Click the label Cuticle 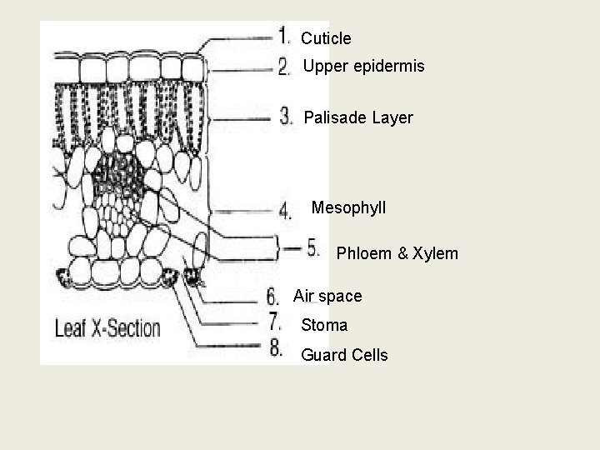326,38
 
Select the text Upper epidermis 363,65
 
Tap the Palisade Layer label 358,118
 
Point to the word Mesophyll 348,207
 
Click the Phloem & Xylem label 397,253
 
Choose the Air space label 327,296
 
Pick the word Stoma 324,325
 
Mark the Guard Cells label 344,355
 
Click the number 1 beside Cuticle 284,36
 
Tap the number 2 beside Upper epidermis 284,66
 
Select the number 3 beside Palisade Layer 286,116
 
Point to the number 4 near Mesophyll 285,210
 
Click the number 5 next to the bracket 312,247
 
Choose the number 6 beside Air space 272,295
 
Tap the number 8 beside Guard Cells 276,348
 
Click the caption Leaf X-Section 107,327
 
